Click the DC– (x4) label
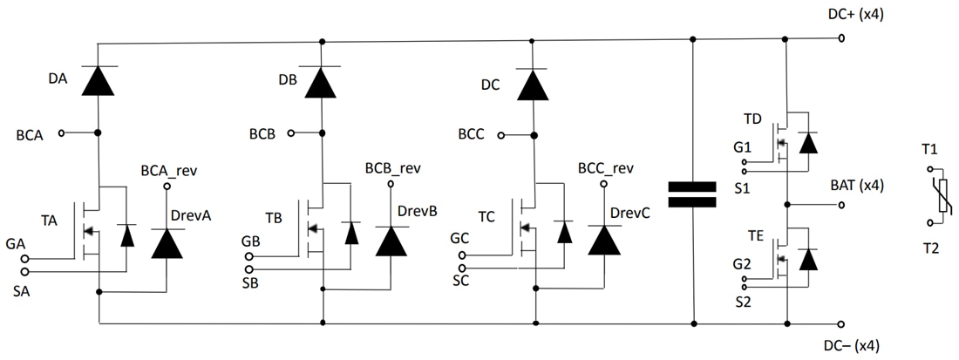pyautogui.click(x=856, y=346)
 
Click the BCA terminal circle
pyautogui.click(x=62, y=132)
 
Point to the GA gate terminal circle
pyautogui.click(x=25, y=259)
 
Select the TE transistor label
pyautogui.click(x=752, y=235)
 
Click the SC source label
pyautogui.click(x=461, y=281)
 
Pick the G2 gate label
pyautogui.click(x=742, y=263)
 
